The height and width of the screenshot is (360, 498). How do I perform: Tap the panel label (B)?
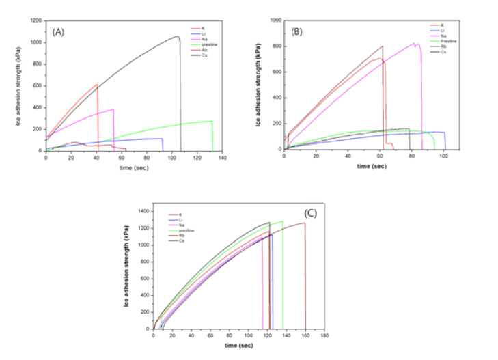(297, 31)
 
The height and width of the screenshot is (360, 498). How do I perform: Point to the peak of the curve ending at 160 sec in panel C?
(305, 223)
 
